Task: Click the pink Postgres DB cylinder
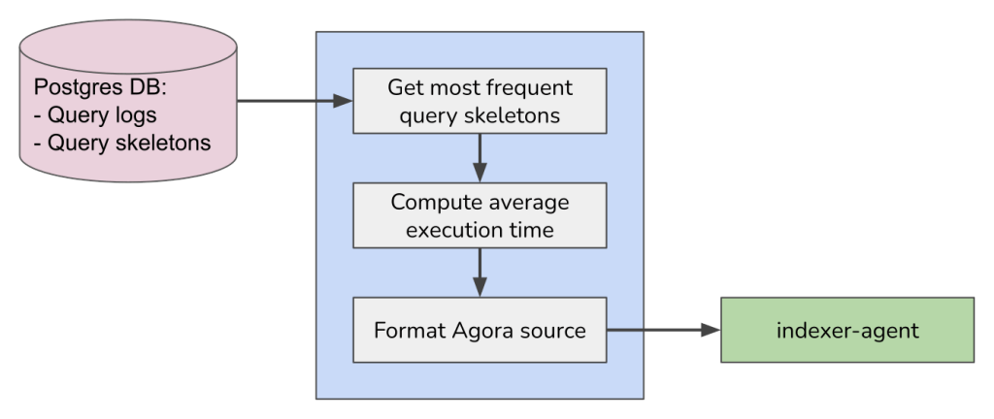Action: [x=128, y=107]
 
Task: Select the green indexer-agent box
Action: [x=846, y=330]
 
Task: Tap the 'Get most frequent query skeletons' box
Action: [x=480, y=101]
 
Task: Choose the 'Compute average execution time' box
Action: [x=480, y=215]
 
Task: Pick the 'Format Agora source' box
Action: [x=480, y=330]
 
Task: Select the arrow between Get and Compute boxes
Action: [x=480, y=156]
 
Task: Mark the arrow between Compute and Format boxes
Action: [x=480, y=272]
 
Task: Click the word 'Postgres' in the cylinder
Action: [x=74, y=87]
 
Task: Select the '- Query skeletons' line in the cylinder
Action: [x=122, y=144]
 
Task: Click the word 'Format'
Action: [x=408, y=330]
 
